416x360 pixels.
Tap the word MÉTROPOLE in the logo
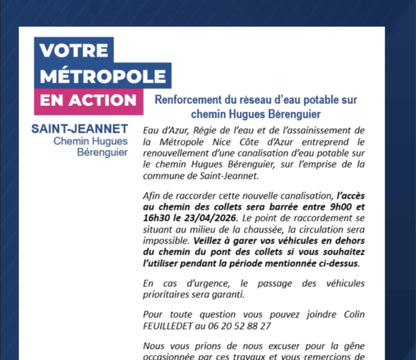pyautogui.click(x=104, y=76)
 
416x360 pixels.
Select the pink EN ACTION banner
pyautogui.click(x=88, y=101)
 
